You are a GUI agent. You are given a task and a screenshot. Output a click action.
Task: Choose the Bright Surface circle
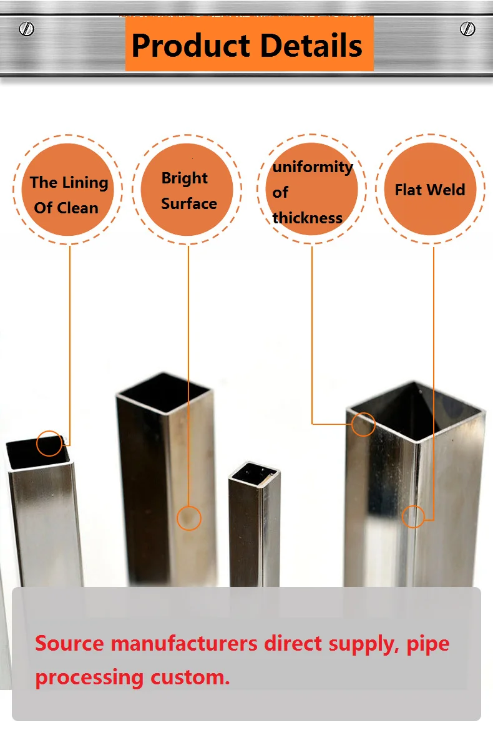coord(188,190)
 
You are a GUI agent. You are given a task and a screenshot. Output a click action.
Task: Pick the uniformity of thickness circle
coord(311,190)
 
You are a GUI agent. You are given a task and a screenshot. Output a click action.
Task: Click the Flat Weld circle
coord(431,190)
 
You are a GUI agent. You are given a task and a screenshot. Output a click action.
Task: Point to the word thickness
coord(307,218)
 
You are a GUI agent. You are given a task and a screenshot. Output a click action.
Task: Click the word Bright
coord(184,178)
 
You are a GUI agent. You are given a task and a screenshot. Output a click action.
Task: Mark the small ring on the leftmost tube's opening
coord(49,444)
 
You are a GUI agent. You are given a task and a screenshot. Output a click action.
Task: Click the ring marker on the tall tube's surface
coord(189,518)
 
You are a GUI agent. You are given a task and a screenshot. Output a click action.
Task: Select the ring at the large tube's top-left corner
coord(363,424)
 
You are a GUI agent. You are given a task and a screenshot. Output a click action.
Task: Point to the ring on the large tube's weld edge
coord(413,517)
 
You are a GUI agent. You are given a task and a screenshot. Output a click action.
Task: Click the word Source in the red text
coord(70,643)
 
